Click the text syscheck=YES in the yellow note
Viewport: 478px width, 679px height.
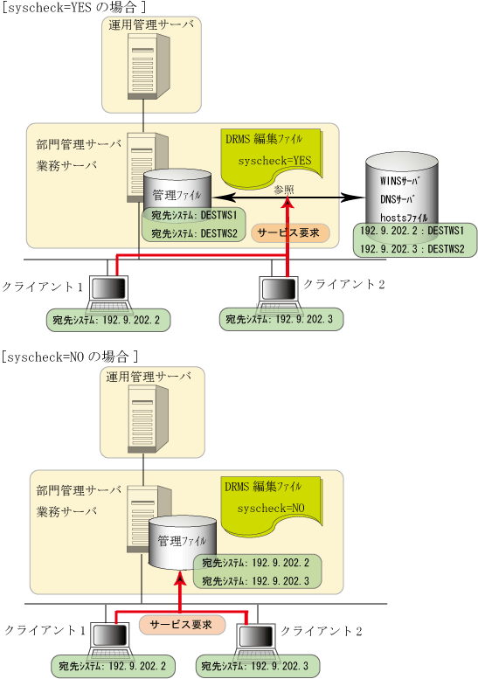tap(274, 161)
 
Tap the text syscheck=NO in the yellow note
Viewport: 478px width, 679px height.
tap(271, 508)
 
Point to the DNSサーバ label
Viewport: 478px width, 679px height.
tap(398, 199)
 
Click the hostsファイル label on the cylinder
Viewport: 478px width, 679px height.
tap(404, 218)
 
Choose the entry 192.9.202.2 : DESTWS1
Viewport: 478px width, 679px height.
tap(412, 231)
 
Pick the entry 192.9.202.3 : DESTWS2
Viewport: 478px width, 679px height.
tap(412, 249)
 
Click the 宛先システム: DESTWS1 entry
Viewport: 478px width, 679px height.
tap(194, 215)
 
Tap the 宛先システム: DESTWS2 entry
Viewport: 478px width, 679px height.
tap(194, 233)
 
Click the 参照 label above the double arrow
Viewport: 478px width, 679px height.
tap(284, 190)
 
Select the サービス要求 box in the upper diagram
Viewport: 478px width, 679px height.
tap(290, 233)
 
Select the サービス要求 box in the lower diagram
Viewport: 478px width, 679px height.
tap(182, 625)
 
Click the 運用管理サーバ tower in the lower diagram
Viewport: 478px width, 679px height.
tap(148, 419)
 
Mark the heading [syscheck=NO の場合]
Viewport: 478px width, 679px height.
tap(69, 357)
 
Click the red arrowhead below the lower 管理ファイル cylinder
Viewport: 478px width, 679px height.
tap(180, 579)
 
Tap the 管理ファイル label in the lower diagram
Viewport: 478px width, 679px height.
tap(182, 541)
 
